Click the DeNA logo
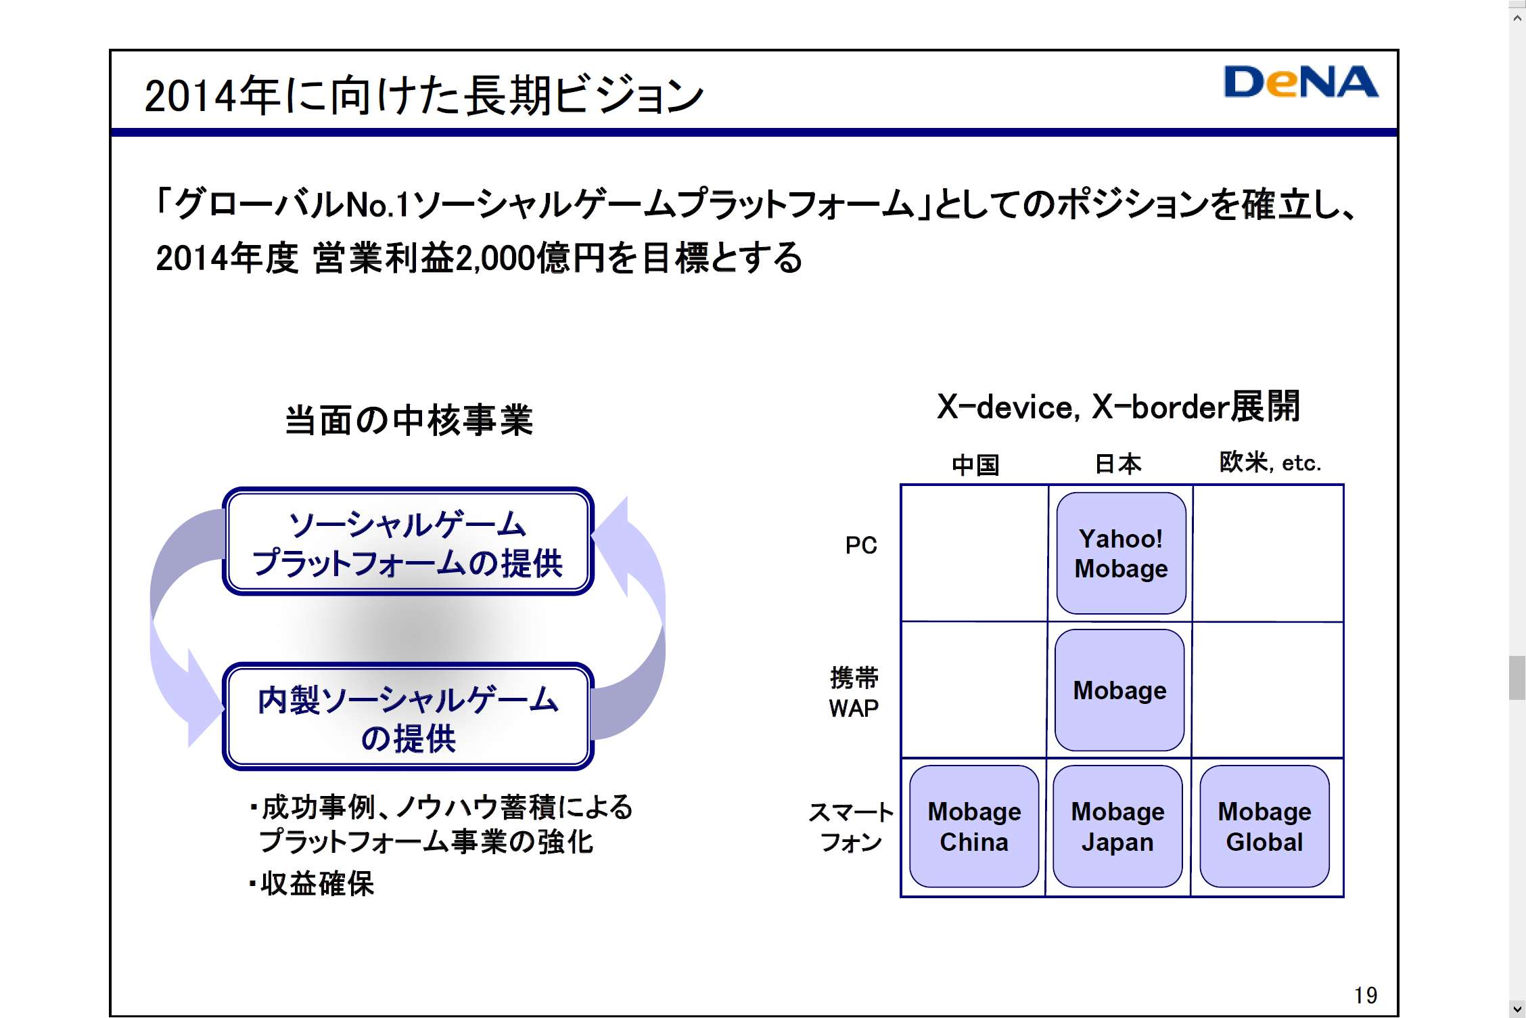click(1300, 83)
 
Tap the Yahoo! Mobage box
click(1121, 553)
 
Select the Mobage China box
click(974, 826)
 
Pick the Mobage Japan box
click(1117, 826)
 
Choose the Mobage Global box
click(1264, 826)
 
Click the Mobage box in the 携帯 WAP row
click(1119, 690)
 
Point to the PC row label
click(860, 545)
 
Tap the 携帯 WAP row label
click(854, 692)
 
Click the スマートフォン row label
click(851, 826)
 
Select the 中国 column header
click(975, 464)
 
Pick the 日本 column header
click(1118, 464)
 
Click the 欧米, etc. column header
click(1270, 462)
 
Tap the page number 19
click(1365, 994)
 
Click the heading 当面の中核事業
click(409, 420)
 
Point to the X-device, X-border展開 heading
click(1118, 407)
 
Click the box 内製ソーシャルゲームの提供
click(408, 717)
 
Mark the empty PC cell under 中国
click(975, 553)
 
